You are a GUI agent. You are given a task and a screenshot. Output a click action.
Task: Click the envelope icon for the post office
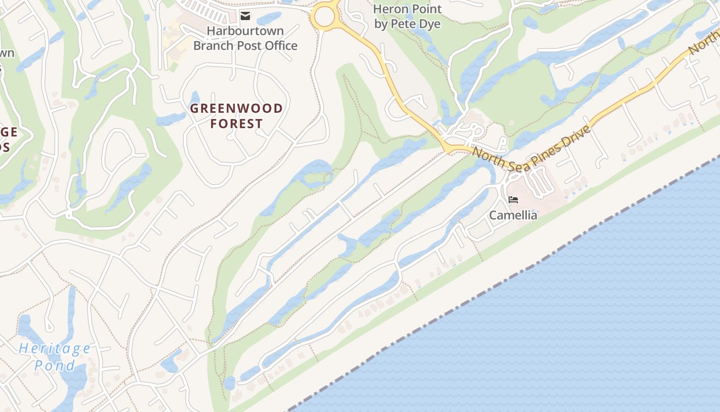point(245,16)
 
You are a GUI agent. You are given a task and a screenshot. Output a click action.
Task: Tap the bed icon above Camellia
point(513,200)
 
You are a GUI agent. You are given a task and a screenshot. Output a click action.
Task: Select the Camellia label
point(513,215)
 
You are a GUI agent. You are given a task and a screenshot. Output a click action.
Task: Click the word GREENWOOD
point(237,109)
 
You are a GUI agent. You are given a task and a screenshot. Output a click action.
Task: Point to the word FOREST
point(237,124)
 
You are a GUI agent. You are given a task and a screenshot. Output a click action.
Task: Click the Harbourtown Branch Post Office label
point(245,38)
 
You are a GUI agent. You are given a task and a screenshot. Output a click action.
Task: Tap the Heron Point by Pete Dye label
point(407,16)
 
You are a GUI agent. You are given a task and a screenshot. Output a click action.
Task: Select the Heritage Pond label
point(55,357)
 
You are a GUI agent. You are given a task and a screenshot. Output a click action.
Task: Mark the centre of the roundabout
point(325,16)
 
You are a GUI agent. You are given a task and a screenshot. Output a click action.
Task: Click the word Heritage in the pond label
point(55,349)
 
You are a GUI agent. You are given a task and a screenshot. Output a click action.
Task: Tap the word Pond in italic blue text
point(55,366)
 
